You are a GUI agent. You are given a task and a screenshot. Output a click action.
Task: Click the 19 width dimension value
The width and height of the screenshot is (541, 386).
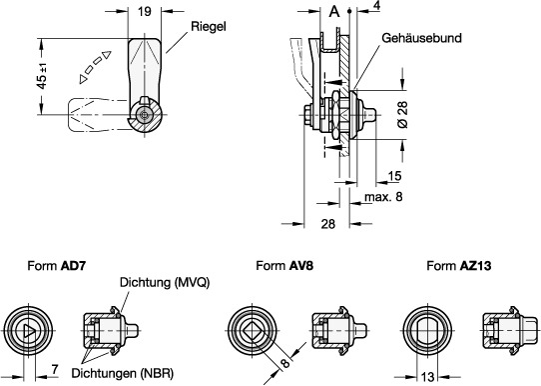click(145, 12)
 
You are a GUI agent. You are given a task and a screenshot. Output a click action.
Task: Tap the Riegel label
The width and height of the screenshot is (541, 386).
click(209, 27)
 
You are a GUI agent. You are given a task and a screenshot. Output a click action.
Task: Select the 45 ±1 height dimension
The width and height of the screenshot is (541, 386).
click(42, 76)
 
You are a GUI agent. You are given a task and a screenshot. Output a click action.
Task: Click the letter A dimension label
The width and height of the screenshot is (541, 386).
click(334, 12)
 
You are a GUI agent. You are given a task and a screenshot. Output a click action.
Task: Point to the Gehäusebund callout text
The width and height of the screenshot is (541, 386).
click(421, 38)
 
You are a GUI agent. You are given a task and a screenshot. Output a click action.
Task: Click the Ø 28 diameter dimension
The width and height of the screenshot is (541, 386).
click(402, 115)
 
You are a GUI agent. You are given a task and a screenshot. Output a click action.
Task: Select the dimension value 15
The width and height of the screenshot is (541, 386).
click(394, 176)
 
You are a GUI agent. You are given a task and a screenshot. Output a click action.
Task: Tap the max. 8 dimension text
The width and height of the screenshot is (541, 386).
click(383, 197)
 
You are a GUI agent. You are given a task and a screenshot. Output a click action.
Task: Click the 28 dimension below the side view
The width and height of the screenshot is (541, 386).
click(327, 224)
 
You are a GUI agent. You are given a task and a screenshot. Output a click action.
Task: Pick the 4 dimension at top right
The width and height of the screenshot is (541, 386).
click(376, 6)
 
